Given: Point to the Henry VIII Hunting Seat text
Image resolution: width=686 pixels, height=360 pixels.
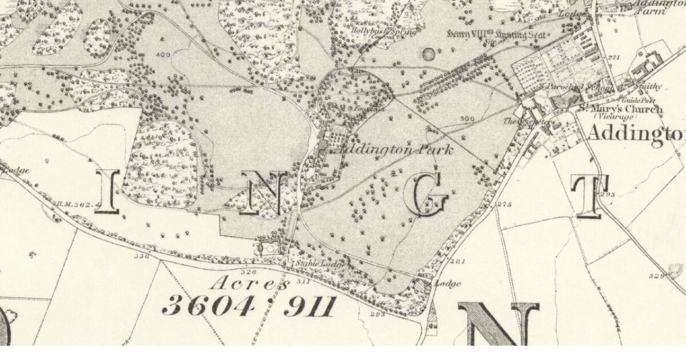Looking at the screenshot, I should [497, 34].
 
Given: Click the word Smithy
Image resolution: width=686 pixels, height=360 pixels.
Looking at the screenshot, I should [648, 87].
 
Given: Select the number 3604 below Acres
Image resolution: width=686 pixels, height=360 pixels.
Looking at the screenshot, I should [208, 307].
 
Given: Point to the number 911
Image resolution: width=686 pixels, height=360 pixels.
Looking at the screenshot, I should [309, 307].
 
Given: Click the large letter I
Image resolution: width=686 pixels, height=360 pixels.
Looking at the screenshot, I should [107, 191].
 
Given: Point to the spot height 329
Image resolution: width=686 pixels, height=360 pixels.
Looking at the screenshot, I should [656, 276].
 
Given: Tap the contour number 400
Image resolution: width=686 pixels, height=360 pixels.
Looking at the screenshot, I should [162, 55].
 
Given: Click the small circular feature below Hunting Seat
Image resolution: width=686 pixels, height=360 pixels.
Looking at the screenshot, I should [428, 55].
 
